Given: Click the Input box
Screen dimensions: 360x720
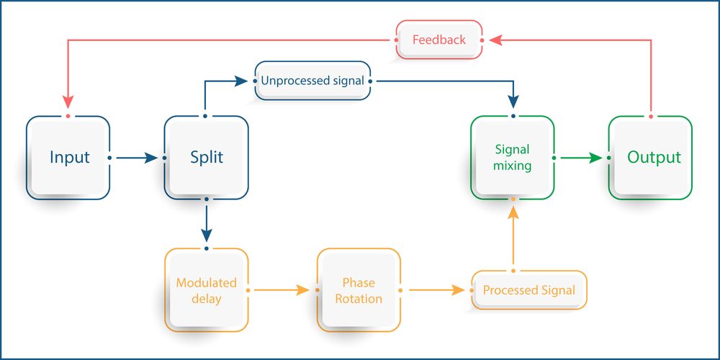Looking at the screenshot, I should [x=68, y=158].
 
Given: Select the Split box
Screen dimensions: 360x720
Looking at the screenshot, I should [x=207, y=158].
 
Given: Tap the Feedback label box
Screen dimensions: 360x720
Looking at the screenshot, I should [x=438, y=40].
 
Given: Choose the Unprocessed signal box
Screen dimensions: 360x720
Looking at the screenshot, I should [x=312, y=81].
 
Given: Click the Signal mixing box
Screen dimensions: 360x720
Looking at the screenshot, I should [x=512, y=158].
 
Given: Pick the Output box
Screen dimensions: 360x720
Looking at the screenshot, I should [x=650, y=158].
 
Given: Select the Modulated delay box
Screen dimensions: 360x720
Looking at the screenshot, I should [x=207, y=290].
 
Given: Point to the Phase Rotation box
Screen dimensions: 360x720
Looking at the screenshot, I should [x=358, y=290].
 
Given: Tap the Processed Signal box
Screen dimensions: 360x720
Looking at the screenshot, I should [x=528, y=290].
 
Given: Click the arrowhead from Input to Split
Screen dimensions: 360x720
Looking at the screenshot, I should [x=150, y=158].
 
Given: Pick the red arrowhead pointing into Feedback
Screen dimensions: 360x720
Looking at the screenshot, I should [x=497, y=40].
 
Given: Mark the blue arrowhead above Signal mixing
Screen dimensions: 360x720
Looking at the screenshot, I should [x=513, y=102].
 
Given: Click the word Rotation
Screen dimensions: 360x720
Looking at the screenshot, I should [x=359, y=298].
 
